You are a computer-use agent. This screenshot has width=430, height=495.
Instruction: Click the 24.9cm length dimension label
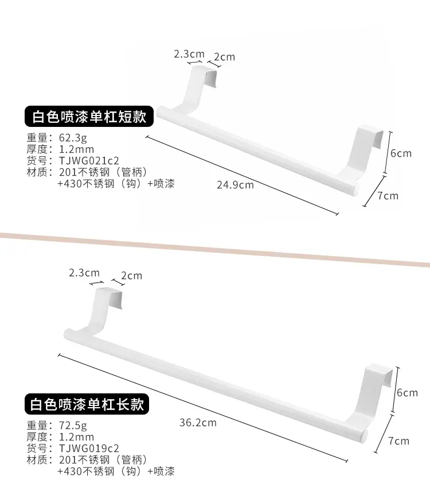click(235, 185)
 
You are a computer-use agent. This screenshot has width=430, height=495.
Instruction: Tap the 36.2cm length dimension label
click(198, 423)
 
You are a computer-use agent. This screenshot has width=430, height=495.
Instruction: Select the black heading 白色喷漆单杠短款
click(89, 117)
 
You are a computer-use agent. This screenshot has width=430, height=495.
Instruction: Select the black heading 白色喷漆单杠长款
click(87, 404)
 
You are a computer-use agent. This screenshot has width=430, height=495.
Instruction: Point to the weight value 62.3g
click(73, 138)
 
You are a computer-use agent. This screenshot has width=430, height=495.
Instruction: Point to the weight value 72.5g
click(73, 426)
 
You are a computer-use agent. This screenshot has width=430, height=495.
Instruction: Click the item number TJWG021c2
click(89, 161)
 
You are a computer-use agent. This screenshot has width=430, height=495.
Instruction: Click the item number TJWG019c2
click(89, 448)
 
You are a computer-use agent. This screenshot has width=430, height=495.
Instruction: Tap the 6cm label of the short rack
click(401, 153)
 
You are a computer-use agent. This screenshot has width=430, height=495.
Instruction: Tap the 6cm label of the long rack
click(407, 393)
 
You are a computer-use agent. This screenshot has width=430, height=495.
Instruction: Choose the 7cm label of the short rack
click(388, 196)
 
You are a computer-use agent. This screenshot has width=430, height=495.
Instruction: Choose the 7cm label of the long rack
click(399, 440)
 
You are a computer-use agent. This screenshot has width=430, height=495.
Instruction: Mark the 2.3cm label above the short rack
click(189, 54)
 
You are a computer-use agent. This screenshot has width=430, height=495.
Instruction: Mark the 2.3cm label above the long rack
click(84, 272)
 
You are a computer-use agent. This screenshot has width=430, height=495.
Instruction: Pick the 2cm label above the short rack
click(224, 57)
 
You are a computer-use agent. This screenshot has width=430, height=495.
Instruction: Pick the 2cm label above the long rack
click(131, 276)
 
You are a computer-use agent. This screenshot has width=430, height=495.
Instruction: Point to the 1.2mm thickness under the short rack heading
click(76, 149)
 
